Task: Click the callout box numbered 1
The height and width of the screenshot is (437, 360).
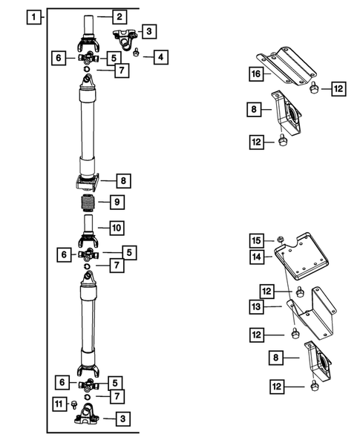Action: point(31,16)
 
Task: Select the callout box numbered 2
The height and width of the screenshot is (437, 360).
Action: point(120,16)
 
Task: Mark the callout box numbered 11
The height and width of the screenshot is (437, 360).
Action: point(58,404)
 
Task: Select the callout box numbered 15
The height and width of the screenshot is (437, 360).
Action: point(255,240)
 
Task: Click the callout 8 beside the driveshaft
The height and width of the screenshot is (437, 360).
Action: point(120,180)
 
